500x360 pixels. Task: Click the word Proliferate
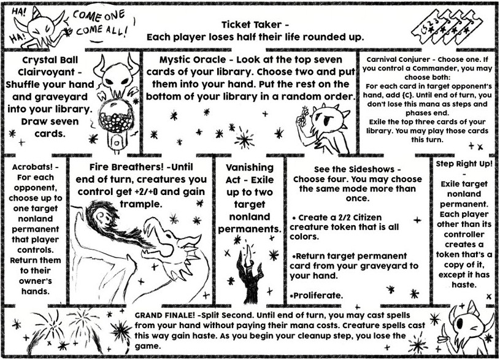317,296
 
